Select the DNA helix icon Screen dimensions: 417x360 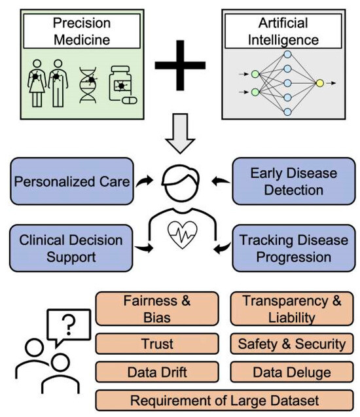(90, 86)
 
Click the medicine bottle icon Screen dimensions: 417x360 (122, 86)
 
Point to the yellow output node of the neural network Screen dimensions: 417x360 (319, 84)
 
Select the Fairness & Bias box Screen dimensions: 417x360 (157, 309)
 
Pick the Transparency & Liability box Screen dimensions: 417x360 (292, 309)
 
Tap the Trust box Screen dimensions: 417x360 (157, 342)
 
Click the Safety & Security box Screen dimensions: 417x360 (292, 342)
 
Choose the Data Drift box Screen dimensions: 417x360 (157, 372)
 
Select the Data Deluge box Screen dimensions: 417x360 (292, 372)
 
